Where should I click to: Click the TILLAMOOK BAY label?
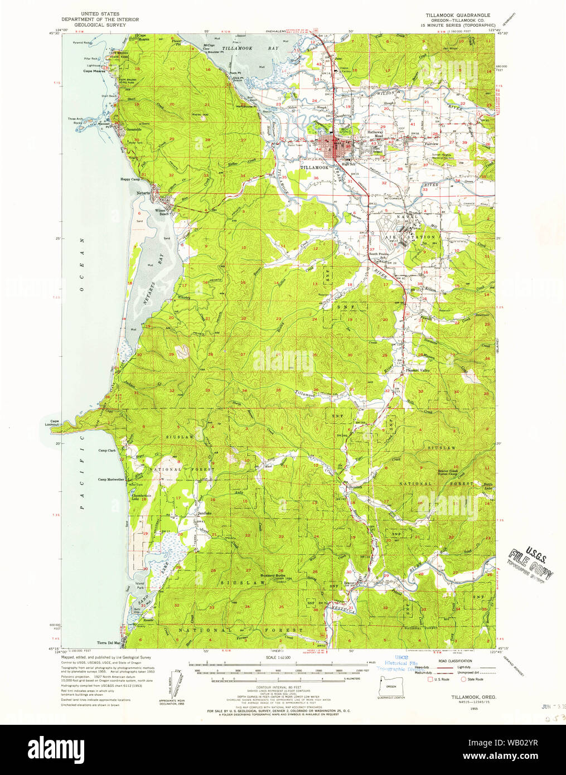[242, 49]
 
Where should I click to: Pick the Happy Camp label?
[130, 180]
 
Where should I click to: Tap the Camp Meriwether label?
[111, 479]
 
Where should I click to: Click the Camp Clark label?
[107, 450]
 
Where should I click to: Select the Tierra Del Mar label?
[109, 643]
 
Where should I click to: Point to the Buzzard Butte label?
[273, 575]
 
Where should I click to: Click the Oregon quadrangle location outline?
[391, 683]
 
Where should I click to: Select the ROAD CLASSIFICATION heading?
[454, 661]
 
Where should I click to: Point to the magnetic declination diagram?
[173, 682]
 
